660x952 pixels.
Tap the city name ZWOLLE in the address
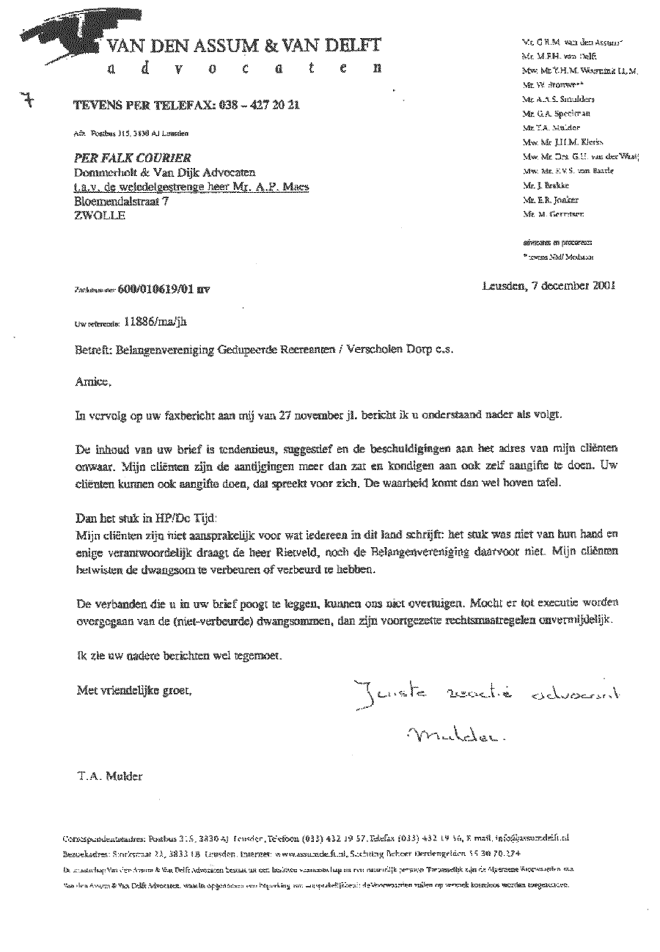pos(100,216)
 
